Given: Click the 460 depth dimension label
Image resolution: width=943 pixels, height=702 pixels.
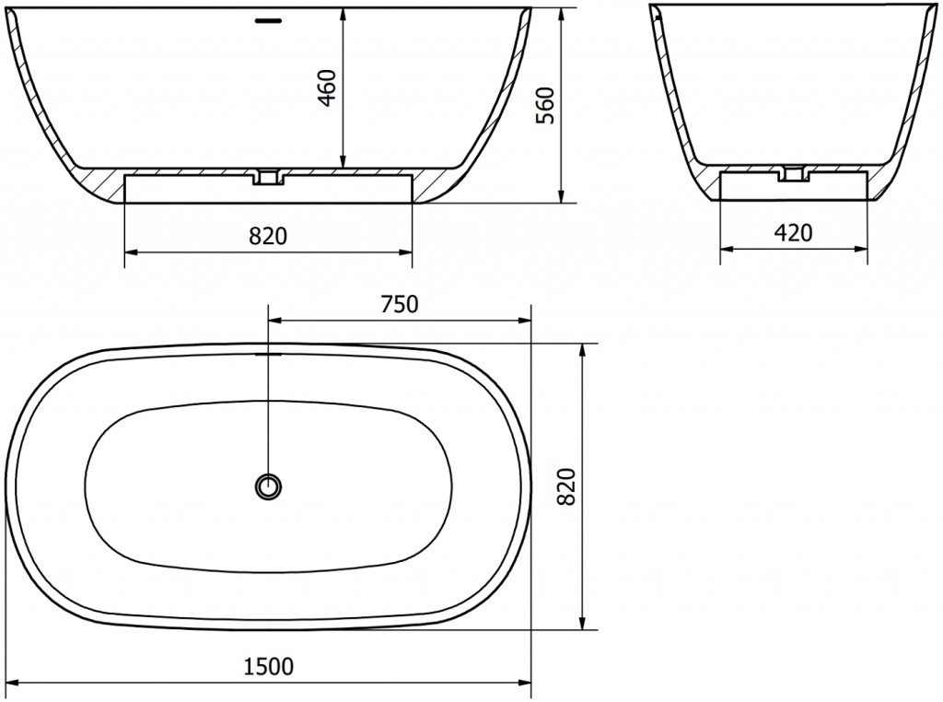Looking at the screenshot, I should [329, 87].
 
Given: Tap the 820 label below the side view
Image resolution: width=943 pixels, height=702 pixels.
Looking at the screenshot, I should [268, 237].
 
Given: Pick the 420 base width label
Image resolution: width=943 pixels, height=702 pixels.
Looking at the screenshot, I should [793, 233].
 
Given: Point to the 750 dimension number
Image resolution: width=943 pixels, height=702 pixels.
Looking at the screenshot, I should [399, 305].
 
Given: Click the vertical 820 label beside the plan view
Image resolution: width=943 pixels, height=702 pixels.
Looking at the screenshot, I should [567, 486].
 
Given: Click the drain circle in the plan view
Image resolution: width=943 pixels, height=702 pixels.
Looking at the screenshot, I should [268, 485].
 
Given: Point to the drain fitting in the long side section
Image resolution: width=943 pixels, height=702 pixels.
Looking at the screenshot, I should [268, 176].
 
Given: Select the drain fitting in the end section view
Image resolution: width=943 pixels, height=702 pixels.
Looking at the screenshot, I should [793, 173].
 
